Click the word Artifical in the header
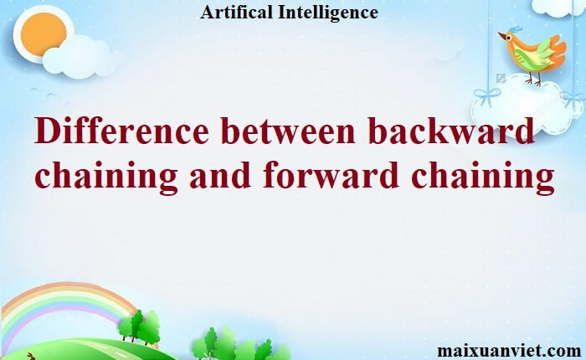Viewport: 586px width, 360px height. (x=236, y=12)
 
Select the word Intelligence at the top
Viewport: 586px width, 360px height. (x=328, y=13)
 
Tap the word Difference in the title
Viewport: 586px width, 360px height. (x=121, y=131)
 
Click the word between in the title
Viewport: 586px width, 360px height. (x=287, y=131)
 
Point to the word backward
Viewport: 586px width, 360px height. (x=451, y=131)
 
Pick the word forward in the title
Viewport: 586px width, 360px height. (x=332, y=175)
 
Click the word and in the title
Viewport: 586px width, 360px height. (x=220, y=175)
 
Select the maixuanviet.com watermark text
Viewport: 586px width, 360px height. (x=509, y=351)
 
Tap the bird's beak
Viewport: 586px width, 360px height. (x=502, y=35)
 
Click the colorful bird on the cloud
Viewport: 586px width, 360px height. (x=532, y=54)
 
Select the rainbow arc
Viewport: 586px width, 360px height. (x=64, y=291)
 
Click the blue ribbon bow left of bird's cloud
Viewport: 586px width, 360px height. (x=487, y=95)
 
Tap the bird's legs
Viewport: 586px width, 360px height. (x=533, y=79)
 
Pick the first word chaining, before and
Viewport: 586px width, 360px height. (x=106, y=177)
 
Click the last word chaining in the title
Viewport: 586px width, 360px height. (x=482, y=177)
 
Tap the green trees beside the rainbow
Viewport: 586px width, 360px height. (x=139, y=327)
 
